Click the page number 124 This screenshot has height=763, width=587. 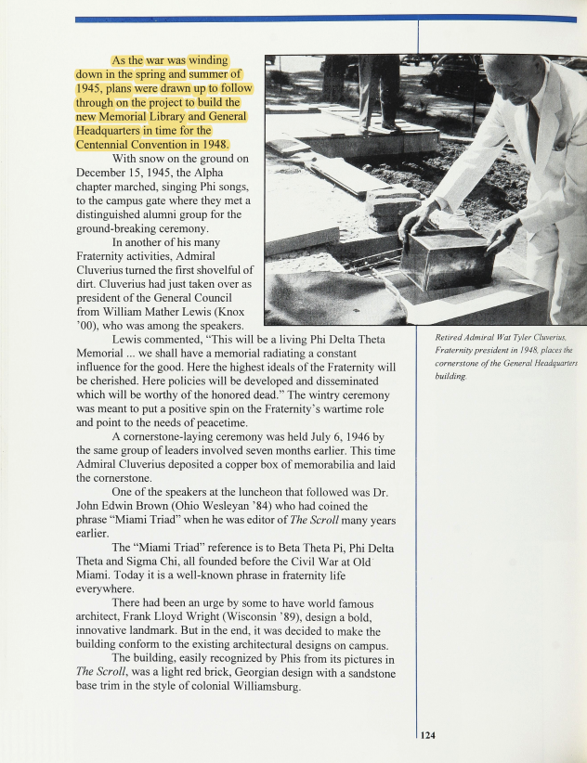[x=428, y=735]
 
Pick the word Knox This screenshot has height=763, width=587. [x=231, y=313]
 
